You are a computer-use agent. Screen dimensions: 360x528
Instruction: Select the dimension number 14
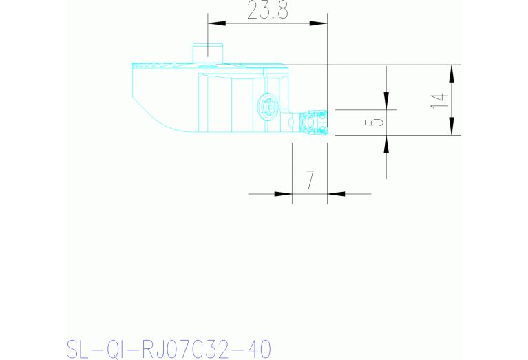click(x=440, y=100)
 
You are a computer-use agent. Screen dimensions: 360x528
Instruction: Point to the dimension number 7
click(x=310, y=180)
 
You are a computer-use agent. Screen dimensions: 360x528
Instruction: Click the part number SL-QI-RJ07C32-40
click(x=169, y=349)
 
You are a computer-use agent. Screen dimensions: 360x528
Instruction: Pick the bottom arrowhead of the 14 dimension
click(x=452, y=126)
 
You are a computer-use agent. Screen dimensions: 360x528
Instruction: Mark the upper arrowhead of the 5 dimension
click(x=386, y=100)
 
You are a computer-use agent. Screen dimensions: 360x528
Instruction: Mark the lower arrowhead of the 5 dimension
click(x=386, y=145)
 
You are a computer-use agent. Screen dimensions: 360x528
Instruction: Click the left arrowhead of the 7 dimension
click(x=283, y=193)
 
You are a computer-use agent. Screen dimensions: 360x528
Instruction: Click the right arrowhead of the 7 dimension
click(x=336, y=193)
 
